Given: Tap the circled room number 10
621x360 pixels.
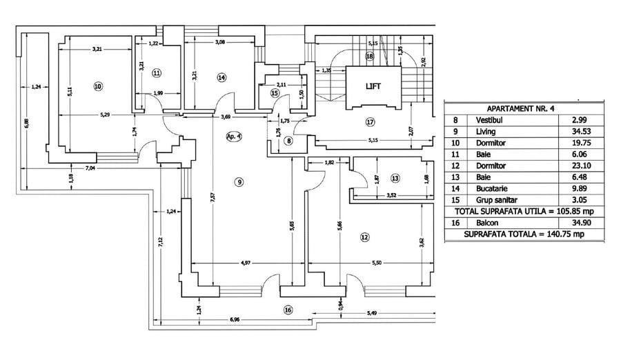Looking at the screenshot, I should (97, 86).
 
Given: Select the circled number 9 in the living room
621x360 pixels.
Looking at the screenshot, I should (239, 182).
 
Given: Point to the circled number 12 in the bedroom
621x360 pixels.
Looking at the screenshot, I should (364, 237).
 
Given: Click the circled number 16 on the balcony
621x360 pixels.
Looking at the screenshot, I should (287, 310).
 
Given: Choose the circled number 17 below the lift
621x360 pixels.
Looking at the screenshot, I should (370, 123).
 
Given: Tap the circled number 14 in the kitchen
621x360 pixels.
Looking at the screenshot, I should (221, 77).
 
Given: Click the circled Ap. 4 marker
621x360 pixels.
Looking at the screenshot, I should (234, 137).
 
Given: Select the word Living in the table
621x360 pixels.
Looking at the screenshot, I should (486, 131).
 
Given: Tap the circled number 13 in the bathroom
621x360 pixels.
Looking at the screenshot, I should (395, 178).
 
